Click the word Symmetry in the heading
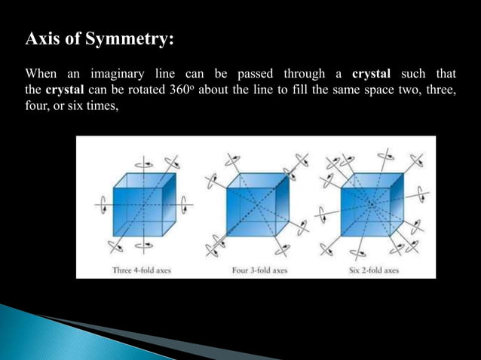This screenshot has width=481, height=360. click(x=130, y=39)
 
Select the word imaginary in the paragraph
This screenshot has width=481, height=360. click(x=121, y=74)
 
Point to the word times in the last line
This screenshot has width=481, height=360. click(x=100, y=107)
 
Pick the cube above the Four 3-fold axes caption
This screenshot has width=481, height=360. click(x=257, y=204)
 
